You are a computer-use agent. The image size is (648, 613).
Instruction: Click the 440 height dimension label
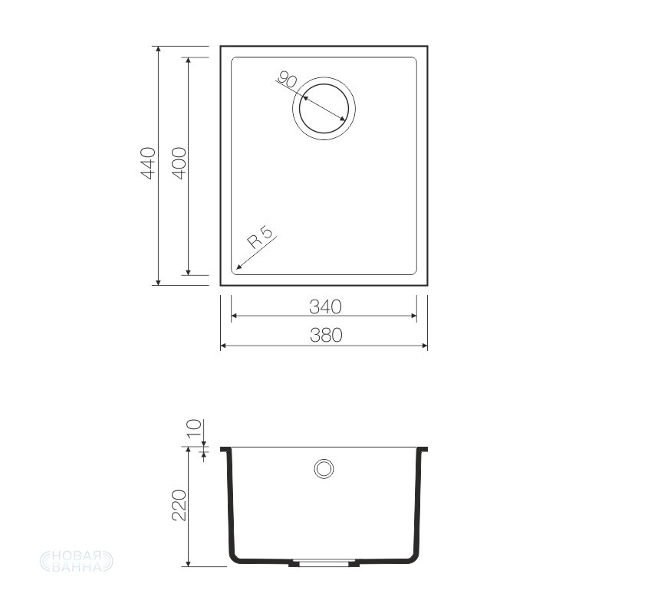tap(148, 163)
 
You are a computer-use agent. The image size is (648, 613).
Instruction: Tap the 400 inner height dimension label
tap(179, 163)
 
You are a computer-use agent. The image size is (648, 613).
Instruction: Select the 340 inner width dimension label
tap(326, 306)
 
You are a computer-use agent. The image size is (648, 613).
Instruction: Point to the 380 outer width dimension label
tap(326, 336)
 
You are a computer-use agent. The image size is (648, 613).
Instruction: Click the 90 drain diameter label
tap(286, 79)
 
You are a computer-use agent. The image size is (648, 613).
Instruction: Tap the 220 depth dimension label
tap(179, 505)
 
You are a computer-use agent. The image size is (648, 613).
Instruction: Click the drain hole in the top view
tap(324, 108)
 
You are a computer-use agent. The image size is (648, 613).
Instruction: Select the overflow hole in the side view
tap(324, 469)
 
